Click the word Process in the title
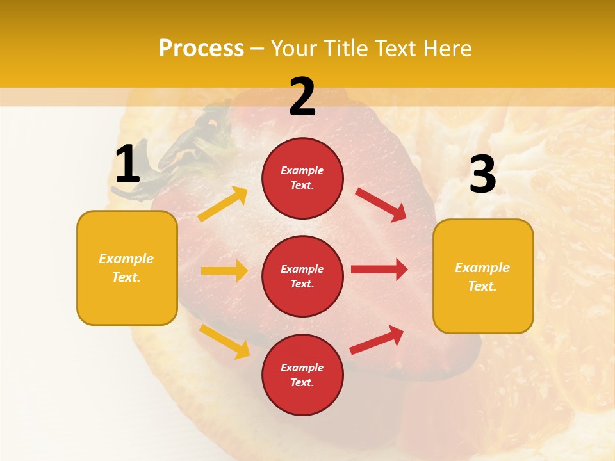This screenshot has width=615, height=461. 201,49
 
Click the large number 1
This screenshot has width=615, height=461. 127,165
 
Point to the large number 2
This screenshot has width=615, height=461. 302,97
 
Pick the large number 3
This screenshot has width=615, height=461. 482,175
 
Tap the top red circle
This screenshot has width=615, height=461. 302,178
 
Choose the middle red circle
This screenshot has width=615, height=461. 302,276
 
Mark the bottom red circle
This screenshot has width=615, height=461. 302,375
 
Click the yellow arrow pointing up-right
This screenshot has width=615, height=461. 223,204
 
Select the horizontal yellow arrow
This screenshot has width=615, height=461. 224,271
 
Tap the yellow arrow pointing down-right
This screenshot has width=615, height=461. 225,341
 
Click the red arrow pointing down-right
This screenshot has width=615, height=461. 381,204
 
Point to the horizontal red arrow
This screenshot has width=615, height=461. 379,270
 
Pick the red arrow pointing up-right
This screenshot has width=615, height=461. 377,340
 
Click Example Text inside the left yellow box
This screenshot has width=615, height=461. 126,268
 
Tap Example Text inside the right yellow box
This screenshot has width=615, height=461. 482,277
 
